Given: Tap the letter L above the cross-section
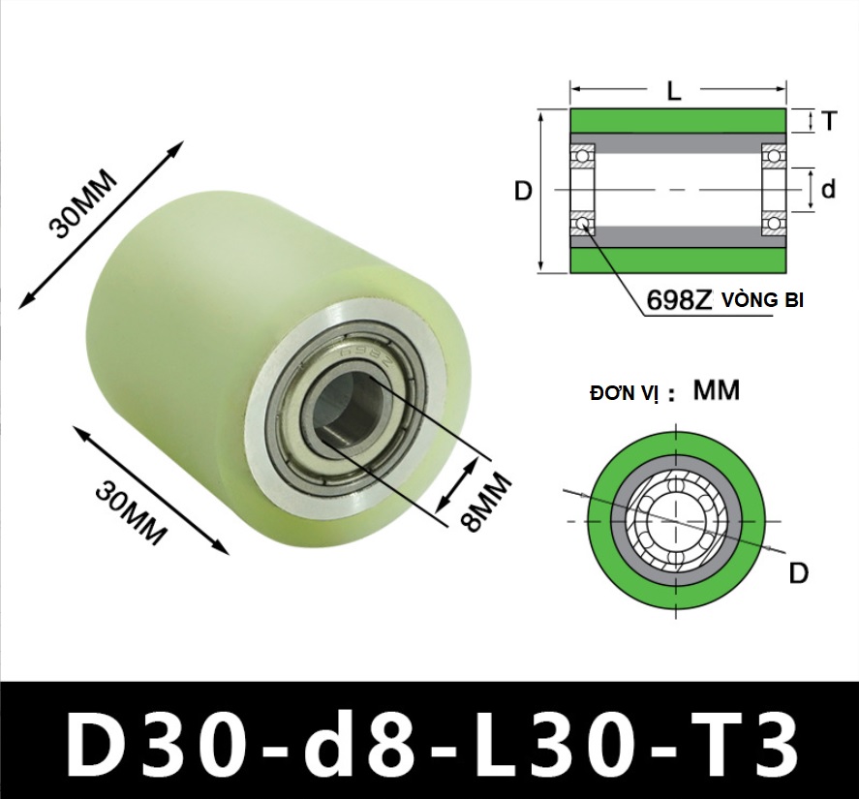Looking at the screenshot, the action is point(674,91).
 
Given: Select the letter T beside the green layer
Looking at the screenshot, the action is point(829,120).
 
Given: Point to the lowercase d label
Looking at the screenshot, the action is point(829,189).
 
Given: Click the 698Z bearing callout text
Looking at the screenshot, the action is point(678,300).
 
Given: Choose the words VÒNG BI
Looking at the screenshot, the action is point(762,300).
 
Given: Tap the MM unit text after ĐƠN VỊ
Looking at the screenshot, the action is point(717,390).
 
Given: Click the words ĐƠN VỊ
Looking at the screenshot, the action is point(624,393).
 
